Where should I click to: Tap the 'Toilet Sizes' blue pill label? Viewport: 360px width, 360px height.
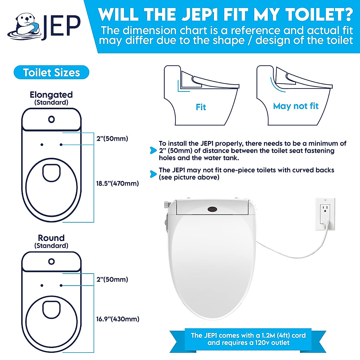[x=51, y=73]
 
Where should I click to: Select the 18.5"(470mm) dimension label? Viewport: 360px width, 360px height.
[x=117, y=183]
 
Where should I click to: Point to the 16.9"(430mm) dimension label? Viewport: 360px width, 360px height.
[x=118, y=319]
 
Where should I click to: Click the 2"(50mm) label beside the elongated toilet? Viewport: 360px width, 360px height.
[x=112, y=139]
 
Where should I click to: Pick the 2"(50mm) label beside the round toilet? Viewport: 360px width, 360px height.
[x=112, y=279]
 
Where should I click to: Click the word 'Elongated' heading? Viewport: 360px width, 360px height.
[x=51, y=95]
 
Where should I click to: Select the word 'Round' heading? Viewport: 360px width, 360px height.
[x=51, y=238]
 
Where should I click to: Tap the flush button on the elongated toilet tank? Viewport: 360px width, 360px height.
[x=52, y=119]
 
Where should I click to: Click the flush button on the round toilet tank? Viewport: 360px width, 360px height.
[x=52, y=261]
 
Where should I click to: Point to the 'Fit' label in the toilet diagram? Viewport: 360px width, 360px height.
[x=201, y=107]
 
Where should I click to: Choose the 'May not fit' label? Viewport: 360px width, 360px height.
[x=295, y=106]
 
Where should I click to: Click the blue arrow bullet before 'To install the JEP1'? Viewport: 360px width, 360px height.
[x=153, y=151]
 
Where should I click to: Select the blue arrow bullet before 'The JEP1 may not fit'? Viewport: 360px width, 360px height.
[x=153, y=174]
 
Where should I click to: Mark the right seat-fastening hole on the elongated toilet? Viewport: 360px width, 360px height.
[x=61, y=145]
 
